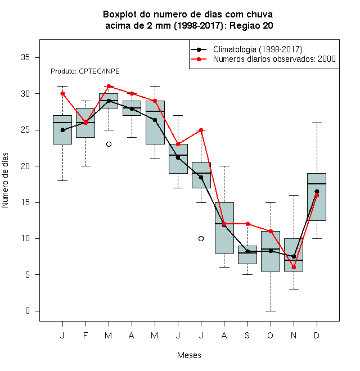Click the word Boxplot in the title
(120, 15)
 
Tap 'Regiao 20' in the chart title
(251, 25)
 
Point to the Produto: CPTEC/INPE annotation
(85, 71)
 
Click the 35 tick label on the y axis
(25, 57)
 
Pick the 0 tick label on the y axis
(28, 311)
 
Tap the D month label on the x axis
(317, 335)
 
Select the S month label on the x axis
(247, 335)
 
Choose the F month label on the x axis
(85, 335)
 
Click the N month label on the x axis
(294, 335)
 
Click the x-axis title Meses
(189, 355)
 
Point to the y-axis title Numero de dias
(5, 180)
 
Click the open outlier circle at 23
(109, 144)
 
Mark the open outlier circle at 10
(201, 238)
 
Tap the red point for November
(294, 268)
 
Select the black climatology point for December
(317, 191)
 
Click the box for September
(247, 255)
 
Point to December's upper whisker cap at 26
(317, 123)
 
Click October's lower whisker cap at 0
(271, 311)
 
